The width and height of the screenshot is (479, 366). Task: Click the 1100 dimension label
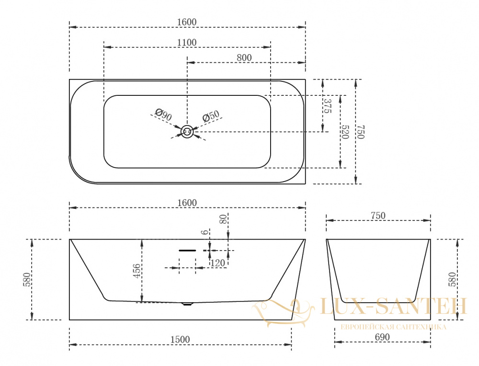click(187, 43)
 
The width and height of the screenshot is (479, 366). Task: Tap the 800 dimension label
click(244, 58)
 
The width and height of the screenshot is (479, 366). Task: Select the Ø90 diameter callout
click(163, 114)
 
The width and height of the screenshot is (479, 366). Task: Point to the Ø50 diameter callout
click(211, 116)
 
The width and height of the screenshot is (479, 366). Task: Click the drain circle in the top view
click(187, 132)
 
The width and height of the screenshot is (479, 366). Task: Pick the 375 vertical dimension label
click(327, 106)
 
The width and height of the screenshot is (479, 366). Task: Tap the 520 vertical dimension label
click(344, 132)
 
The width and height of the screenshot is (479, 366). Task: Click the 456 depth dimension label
click(137, 271)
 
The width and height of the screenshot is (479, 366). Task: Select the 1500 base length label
click(180, 340)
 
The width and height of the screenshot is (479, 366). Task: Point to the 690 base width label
click(382, 337)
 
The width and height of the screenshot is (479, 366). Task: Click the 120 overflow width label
click(217, 263)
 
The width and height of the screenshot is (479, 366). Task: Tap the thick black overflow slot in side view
click(187, 251)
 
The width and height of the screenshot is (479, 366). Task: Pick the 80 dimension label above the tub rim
click(224, 219)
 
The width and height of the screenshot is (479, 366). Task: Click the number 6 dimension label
click(205, 232)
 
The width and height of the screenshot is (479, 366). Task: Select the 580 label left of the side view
click(27, 280)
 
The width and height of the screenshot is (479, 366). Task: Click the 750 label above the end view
click(378, 216)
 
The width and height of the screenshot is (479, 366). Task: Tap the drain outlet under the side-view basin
click(187, 304)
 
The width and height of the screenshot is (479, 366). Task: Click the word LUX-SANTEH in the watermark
click(393, 306)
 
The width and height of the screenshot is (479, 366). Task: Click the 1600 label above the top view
click(187, 23)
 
